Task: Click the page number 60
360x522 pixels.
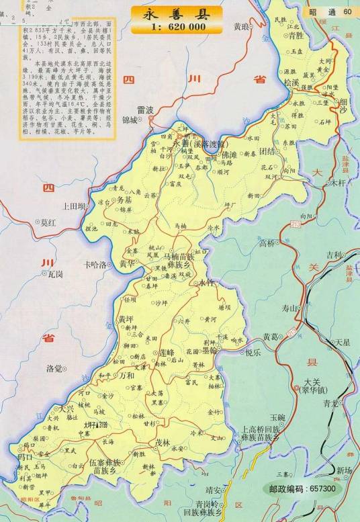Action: (347, 11)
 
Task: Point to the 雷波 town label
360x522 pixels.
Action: (145, 109)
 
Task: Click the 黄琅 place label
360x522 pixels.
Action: (240, 27)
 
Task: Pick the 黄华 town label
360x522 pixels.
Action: (128, 264)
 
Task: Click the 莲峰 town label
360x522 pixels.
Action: (165, 353)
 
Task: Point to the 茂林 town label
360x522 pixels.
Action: (163, 443)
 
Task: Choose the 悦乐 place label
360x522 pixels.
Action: (253, 352)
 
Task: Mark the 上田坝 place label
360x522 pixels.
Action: (73, 206)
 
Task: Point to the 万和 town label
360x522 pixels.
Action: (126, 376)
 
